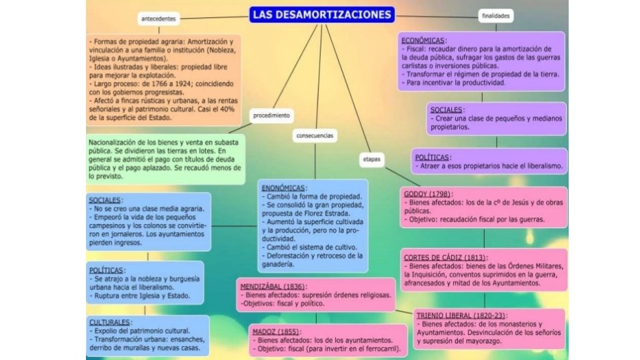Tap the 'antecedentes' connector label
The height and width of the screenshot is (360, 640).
pos(159,19)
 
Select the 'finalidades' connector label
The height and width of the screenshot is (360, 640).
pos(495,15)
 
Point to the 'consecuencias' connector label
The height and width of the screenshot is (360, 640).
pos(315,135)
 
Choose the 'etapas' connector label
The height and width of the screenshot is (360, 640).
pos(371,160)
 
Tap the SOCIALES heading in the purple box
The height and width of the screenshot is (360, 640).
pos(447,109)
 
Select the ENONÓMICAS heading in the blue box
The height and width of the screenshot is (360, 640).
pos(285,188)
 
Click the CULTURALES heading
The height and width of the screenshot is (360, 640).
pos(110,323)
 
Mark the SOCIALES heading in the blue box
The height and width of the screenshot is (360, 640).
pos(105,200)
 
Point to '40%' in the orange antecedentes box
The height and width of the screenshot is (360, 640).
pos(227,109)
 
